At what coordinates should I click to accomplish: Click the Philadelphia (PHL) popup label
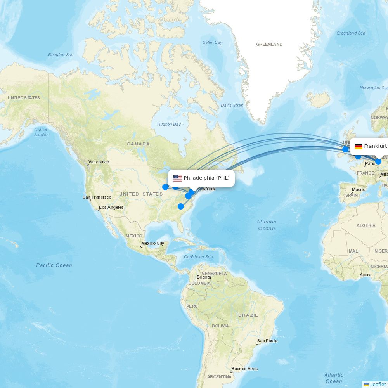click(206, 178)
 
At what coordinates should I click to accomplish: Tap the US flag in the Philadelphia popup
click(178, 178)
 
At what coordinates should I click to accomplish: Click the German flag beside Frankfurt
click(359, 146)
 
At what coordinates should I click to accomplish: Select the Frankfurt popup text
click(375, 146)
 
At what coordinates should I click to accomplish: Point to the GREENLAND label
click(269, 44)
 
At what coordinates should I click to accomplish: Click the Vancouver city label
click(99, 162)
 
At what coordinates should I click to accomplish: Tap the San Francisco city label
click(97, 197)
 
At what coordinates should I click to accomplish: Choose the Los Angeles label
click(111, 207)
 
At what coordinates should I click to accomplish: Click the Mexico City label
click(152, 243)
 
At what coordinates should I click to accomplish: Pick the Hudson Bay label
click(169, 124)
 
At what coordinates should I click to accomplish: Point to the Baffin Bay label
click(212, 42)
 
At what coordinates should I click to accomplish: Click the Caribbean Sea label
click(198, 257)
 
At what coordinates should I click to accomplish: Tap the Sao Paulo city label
click(267, 341)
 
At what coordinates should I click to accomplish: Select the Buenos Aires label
click(244, 369)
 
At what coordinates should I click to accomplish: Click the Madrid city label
click(359, 189)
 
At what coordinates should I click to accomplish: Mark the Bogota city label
click(204, 277)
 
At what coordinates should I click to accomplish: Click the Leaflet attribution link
click(378, 384)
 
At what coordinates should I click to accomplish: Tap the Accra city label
click(365, 275)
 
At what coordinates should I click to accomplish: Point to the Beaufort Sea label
click(61, 55)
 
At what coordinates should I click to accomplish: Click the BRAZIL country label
click(248, 315)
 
